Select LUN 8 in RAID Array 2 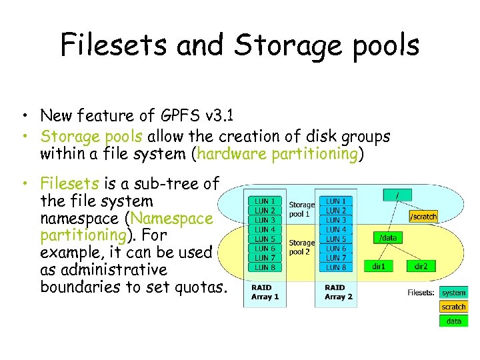pyautogui.click(x=335, y=267)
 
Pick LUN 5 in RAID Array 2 pyautogui.click(x=335, y=239)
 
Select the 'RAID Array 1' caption pyautogui.click(x=265, y=293)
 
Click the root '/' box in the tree pyautogui.click(x=398, y=193)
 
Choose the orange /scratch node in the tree pyautogui.click(x=423, y=217)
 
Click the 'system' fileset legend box pyautogui.click(x=454, y=293)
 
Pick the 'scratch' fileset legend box pyautogui.click(x=454, y=307)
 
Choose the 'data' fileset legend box pyautogui.click(x=454, y=321)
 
